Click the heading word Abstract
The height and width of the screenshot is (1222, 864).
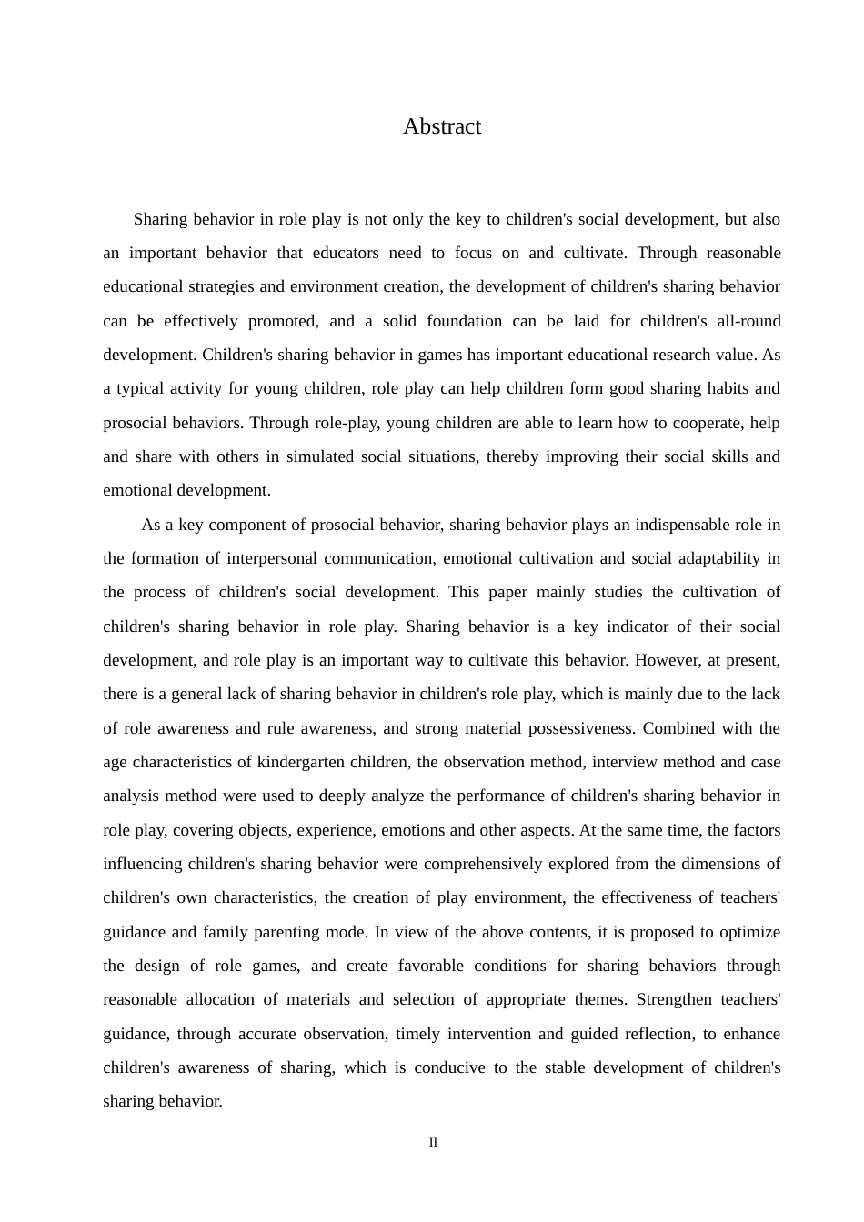pyautogui.click(x=442, y=126)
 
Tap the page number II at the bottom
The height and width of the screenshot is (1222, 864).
pyautogui.click(x=433, y=1143)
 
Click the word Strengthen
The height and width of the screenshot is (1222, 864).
pyautogui.click(x=674, y=999)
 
